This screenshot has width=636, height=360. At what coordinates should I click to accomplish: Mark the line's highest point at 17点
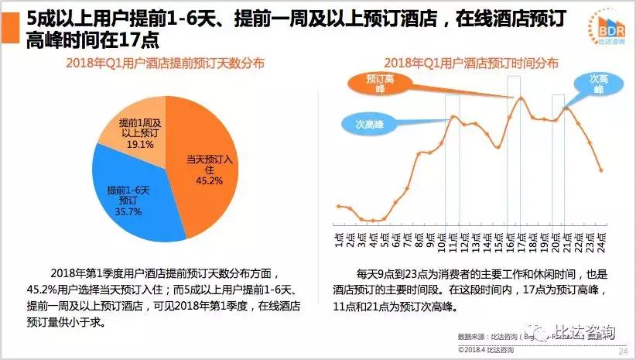(521, 98)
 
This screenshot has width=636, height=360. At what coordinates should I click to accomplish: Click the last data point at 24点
(602, 170)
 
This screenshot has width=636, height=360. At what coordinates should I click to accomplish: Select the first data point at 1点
(338, 205)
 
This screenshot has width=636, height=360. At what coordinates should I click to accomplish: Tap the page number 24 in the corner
(622, 352)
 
